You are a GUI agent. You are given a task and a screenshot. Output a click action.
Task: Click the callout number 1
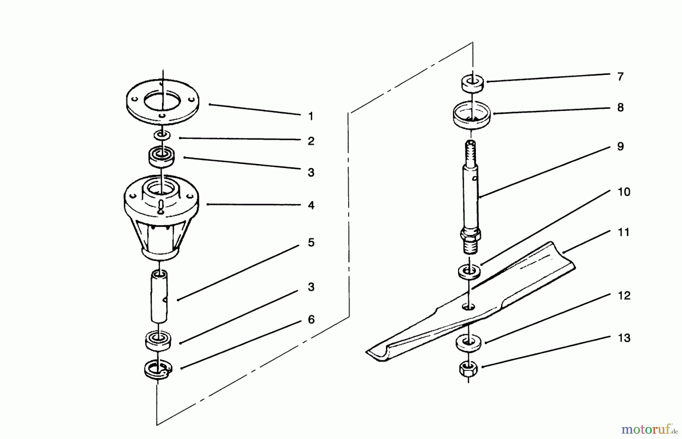click(x=311, y=116)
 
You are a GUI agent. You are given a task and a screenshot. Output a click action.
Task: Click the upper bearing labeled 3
click(x=161, y=157)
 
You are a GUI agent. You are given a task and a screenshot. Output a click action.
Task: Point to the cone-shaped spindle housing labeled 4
click(x=161, y=219)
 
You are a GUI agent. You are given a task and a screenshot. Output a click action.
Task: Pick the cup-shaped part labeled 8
click(x=471, y=115)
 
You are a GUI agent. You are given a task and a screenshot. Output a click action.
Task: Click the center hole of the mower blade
click(x=468, y=306)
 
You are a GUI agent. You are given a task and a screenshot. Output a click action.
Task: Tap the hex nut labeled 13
click(x=468, y=368)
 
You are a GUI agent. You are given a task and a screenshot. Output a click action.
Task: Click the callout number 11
click(x=623, y=232)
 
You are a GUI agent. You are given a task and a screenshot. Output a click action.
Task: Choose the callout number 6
click(x=311, y=320)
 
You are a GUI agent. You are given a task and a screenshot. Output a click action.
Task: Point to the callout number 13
click(x=624, y=338)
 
